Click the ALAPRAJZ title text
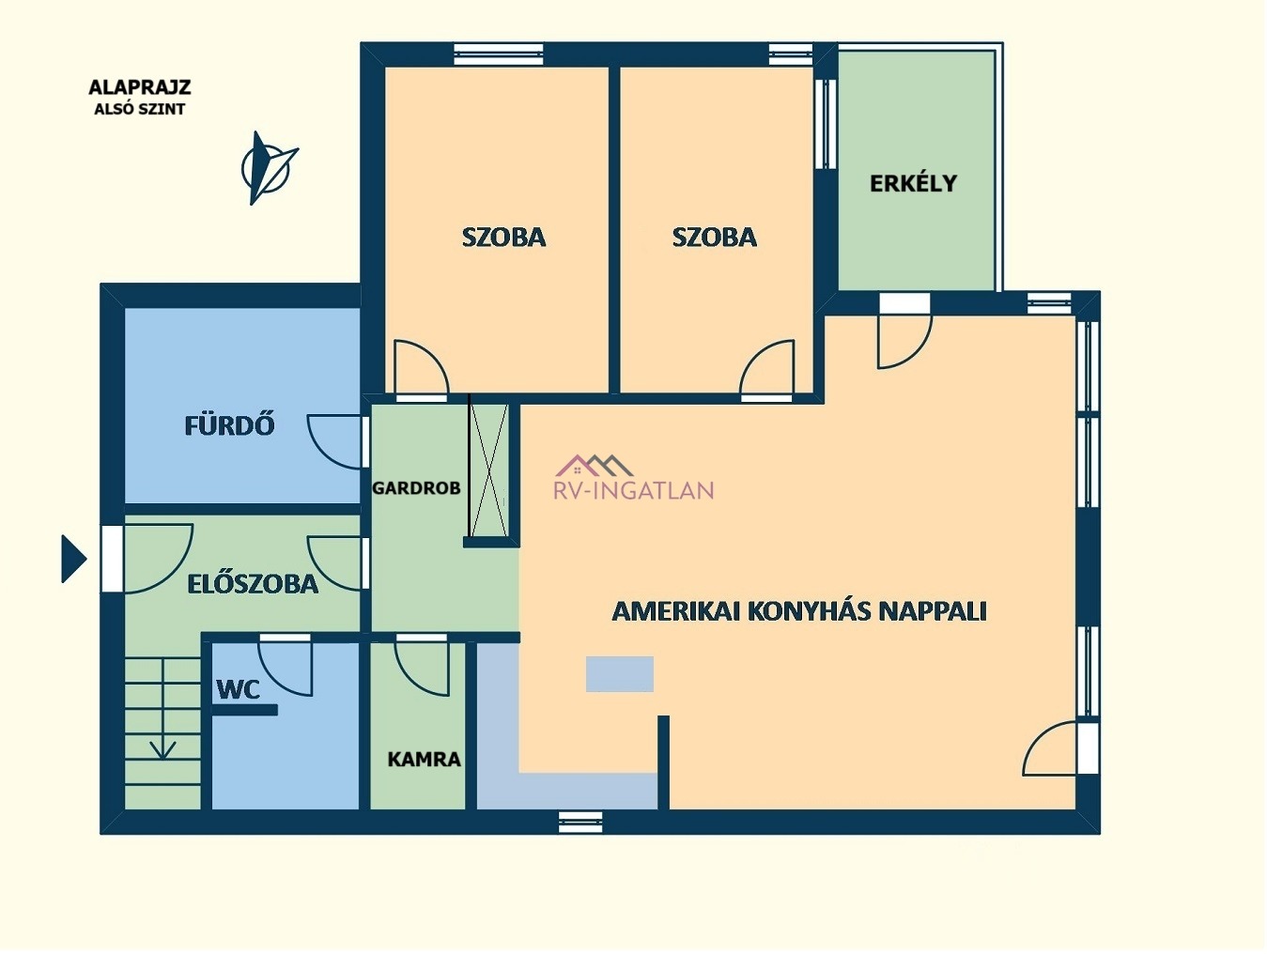click(x=140, y=87)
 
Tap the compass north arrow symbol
click(x=269, y=168)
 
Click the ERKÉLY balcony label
click(x=913, y=183)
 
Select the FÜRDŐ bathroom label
click(x=229, y=425)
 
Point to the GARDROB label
click(x=416, y=488)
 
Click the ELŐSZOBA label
click(x=253, y=584)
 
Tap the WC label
click(x=239, y=689)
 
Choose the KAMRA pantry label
click(x=425, y=759)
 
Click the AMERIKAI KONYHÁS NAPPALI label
click(x=799, y=611)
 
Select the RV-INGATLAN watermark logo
click(x=634, y=477)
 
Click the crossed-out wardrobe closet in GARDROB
click(x=488, y=470)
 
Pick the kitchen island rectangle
click(x=619, y=673)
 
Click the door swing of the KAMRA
click(x=422, y=667)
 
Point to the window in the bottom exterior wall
click(x=580, y=822)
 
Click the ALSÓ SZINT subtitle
click(x=140, y=109)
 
